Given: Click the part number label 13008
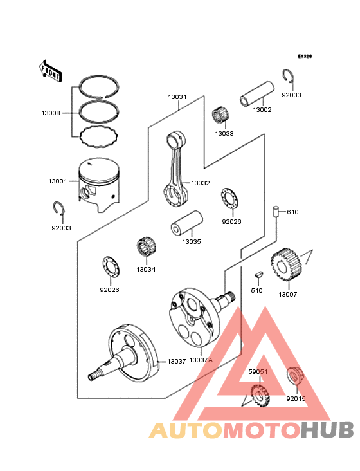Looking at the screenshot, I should click(51, 113).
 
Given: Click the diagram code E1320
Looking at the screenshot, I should click(304, 57).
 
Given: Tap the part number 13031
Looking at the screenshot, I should click(177, 97).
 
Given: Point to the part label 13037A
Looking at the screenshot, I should click(201, 360).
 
